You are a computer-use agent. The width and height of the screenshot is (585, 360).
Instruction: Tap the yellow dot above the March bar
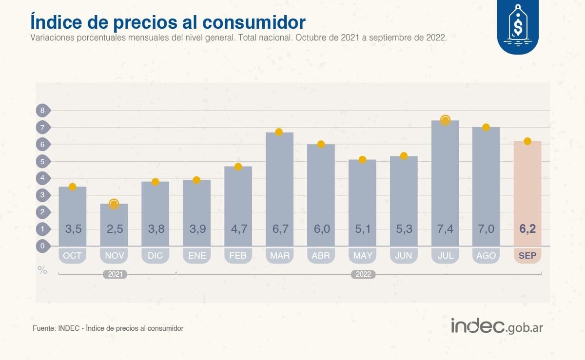[279, 132]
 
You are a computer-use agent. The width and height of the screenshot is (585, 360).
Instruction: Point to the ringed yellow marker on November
[114, 204]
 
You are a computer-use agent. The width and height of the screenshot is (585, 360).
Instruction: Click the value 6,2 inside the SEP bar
[527, 229]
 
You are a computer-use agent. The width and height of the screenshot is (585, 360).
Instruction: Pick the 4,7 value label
[238, 229]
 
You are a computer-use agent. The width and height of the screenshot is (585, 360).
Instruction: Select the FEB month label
[238, 256]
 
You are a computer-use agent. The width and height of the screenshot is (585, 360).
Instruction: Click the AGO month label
[486, 256]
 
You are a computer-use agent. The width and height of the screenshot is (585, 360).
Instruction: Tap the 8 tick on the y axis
[42, 111]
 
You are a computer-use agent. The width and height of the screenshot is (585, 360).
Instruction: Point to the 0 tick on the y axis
[42, 246]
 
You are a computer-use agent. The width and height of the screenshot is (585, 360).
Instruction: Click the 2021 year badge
[115, 274]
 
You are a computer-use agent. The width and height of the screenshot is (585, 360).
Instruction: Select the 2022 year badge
[363, 274]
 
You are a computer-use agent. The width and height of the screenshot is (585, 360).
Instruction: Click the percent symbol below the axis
[42, 270]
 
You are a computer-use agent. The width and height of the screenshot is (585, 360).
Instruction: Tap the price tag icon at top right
[518, 24]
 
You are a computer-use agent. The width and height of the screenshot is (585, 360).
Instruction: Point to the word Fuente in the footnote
[43, 328]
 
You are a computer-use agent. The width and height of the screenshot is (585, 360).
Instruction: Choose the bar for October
[73, 214]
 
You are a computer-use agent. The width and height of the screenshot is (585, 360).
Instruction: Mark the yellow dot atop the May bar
[362, 159]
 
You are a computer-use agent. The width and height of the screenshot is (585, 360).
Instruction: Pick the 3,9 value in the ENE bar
[196, 229]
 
